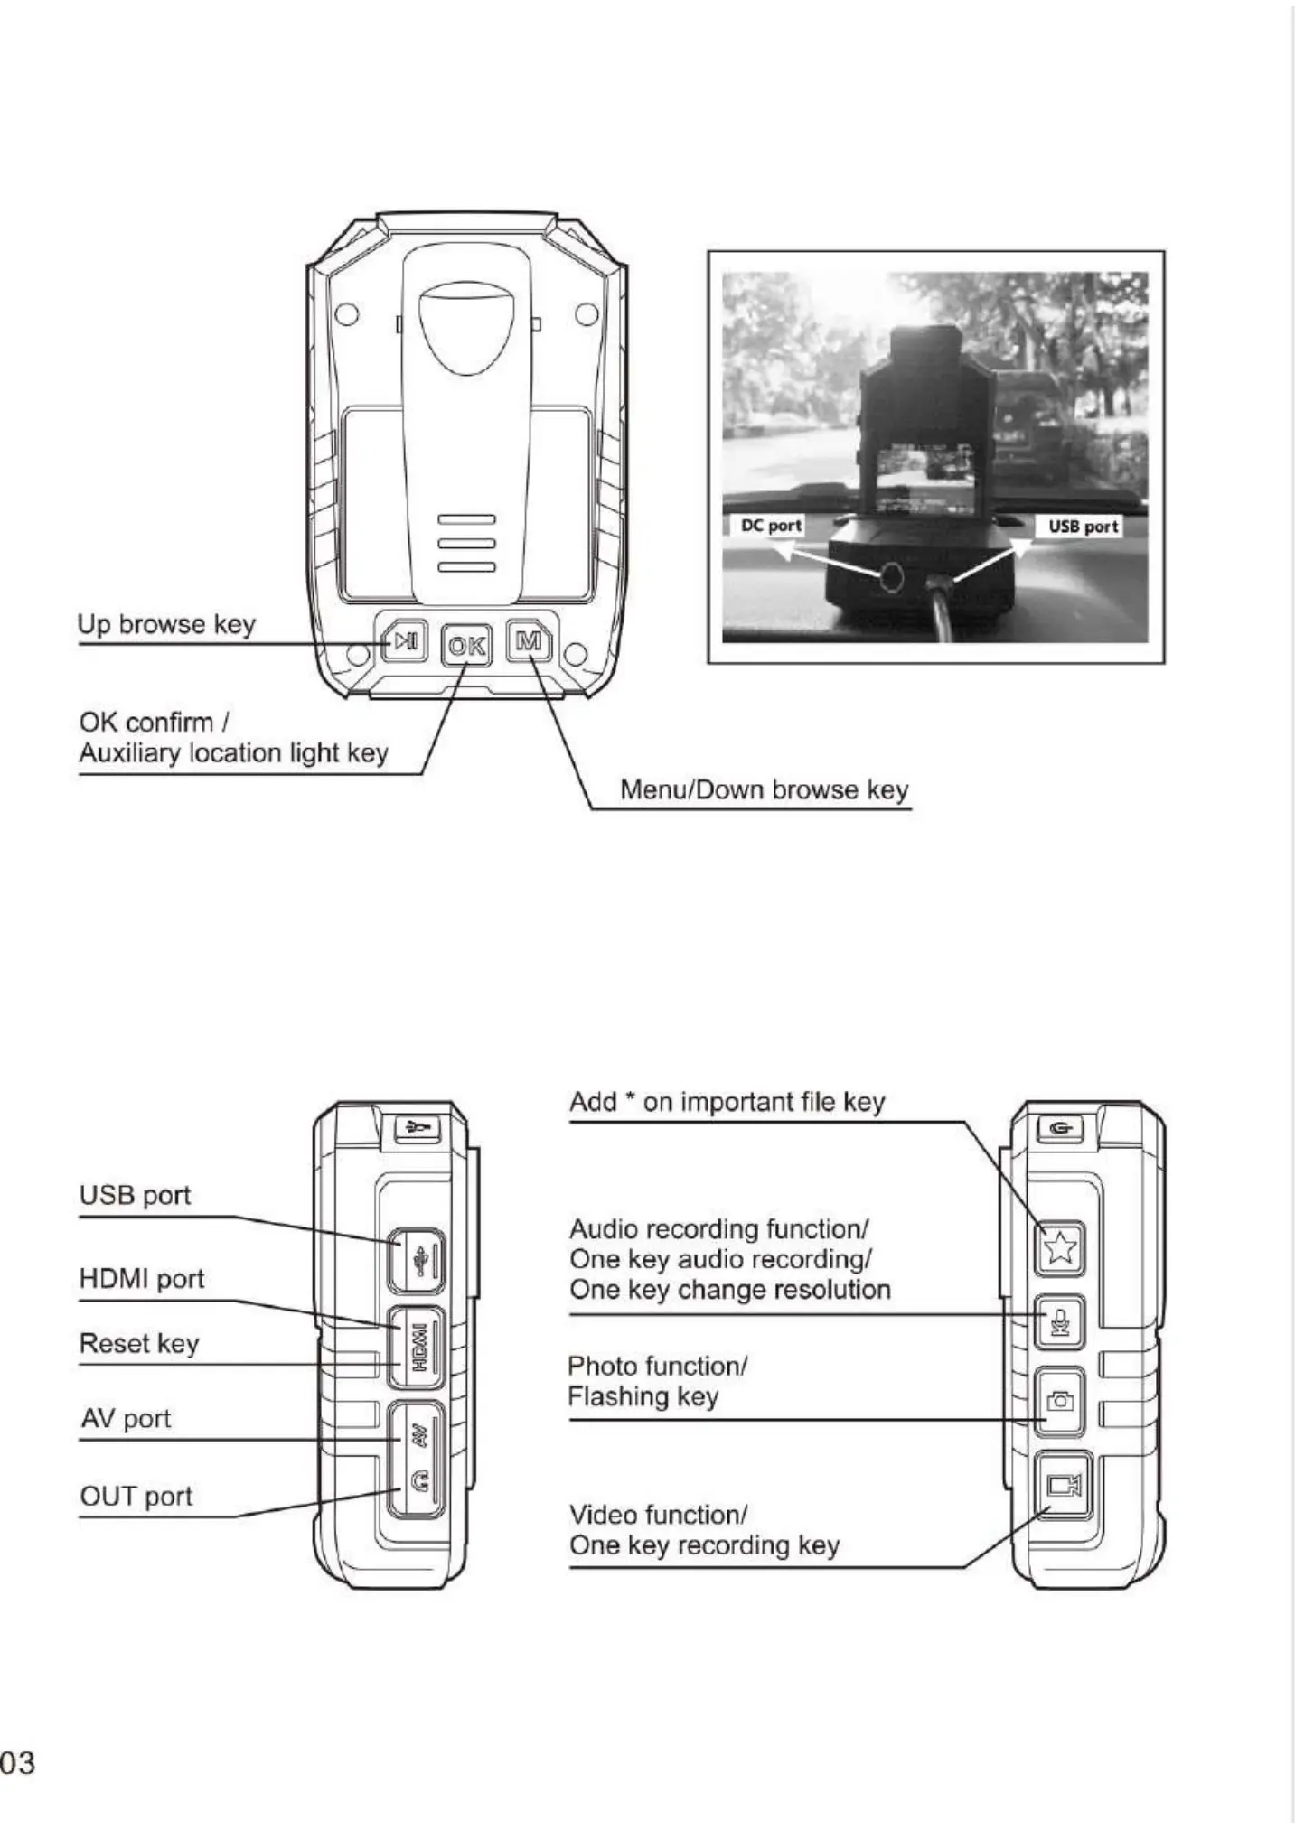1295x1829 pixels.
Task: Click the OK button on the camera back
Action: coord(466,645)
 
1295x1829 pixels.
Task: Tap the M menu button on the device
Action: coord(528,641)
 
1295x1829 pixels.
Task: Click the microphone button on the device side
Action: coord(1059,1324)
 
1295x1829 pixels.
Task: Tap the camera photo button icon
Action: coord(1059,1401)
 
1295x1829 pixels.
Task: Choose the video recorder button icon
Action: coord(1062,1485)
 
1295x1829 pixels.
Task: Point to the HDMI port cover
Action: coord(417,1347)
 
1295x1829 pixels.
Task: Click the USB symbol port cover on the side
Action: coord(417,1260)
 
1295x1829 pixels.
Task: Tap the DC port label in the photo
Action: coord(770,526)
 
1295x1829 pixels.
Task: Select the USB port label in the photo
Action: coord(1083,527)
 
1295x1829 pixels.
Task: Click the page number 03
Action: coord(18,1762)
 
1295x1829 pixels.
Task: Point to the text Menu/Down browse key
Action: coord(764,790)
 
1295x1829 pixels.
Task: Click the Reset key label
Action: coord(139,1343)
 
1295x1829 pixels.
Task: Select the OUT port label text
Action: coord(136,1497)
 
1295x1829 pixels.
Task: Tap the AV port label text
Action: coord(126,1419)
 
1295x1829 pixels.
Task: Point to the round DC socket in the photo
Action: coord(891,575)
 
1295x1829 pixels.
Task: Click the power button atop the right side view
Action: coord(1060,1128)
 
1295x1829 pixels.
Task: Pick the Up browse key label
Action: coord(166,624)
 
